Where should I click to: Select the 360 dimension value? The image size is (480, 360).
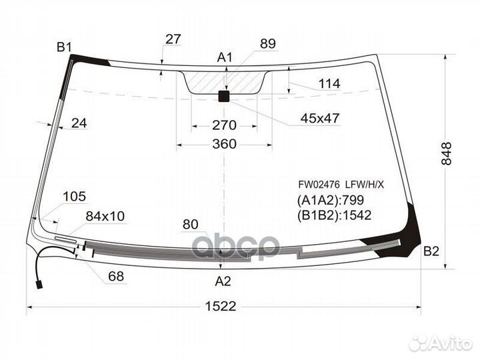point(224,143)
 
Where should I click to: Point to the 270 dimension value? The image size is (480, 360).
point(224,125)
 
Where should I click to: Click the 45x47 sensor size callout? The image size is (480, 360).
point(319,118)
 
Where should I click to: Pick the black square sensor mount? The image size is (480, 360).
point(224,97)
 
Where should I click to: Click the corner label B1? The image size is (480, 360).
point(64,47)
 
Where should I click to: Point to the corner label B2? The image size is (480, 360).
point(431,251)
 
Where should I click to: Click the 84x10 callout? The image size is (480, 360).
point(105,215)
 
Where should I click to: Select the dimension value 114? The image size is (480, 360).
point(329,84)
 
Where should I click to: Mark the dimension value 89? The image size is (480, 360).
point(267,43)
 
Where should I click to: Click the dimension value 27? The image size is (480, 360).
point(173,39)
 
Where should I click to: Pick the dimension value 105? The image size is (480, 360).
point(75,196)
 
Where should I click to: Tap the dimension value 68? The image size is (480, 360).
point(116,276)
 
